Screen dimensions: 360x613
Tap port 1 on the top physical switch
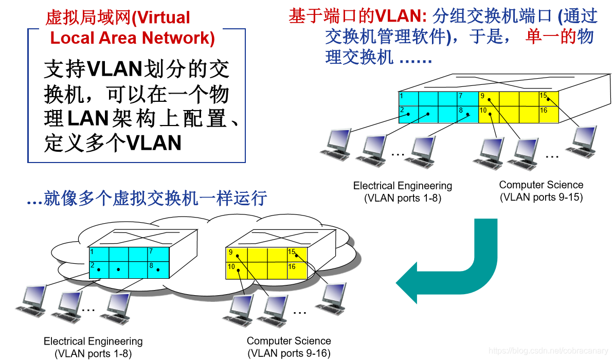coord(408,98)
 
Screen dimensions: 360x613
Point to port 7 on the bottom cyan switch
coord(158,255)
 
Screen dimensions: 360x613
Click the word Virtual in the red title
coord(161,18)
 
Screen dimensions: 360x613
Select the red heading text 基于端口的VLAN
coord(355,16)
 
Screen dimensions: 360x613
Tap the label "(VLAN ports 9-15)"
coord(541,197)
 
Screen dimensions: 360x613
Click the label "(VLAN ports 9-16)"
coord(289,353)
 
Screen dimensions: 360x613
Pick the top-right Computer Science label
coord(541,185)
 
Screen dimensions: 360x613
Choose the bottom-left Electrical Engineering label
coord(93,341)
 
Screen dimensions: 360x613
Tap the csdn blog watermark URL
coord(548,351)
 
